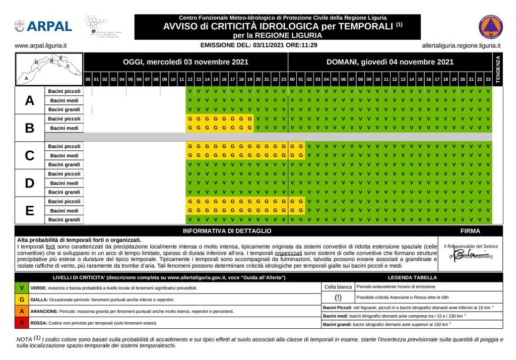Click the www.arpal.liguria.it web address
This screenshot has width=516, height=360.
point(41,45)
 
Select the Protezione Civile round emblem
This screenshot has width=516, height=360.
point(490,27)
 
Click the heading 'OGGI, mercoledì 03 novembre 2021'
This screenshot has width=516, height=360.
point(185,62)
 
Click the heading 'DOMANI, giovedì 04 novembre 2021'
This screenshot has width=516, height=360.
point(390,62)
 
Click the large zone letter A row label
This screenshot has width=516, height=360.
point(30,100)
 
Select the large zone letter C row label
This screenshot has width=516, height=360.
point(30,155)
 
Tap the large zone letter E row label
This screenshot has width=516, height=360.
point(30,210)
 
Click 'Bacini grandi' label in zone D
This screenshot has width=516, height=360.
point(64,192)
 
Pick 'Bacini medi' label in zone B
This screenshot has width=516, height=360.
point(64,128)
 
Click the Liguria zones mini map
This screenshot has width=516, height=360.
point(49,69)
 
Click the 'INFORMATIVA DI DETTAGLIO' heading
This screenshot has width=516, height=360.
point(227,231)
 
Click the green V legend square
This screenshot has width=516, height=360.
point(21,288)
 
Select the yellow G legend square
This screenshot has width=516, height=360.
point(21,299)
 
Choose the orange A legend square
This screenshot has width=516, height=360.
point(21,311)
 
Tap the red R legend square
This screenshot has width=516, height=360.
point(21,323)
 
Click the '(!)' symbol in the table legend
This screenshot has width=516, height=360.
point(338,297)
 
